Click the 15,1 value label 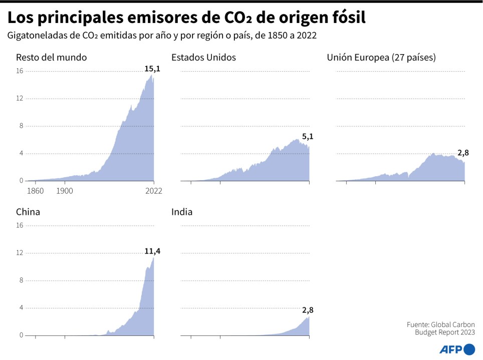pos(152,69)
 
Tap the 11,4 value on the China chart pos(152,251)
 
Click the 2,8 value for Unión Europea pos(463,153)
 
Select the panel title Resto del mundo pos(51,57)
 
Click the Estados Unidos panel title pos(203,57)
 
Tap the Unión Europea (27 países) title pos(381,57)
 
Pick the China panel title pos(28,212)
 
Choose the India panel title pos(182,212)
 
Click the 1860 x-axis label pos(35,191)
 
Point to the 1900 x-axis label pos(65,191)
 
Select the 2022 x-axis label pos(153,191)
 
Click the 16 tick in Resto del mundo pos(20,71)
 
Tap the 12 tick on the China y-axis pos(20,253)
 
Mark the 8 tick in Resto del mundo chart pos(21,126)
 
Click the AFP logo pos(457,349)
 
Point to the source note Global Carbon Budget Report pos(441,328)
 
